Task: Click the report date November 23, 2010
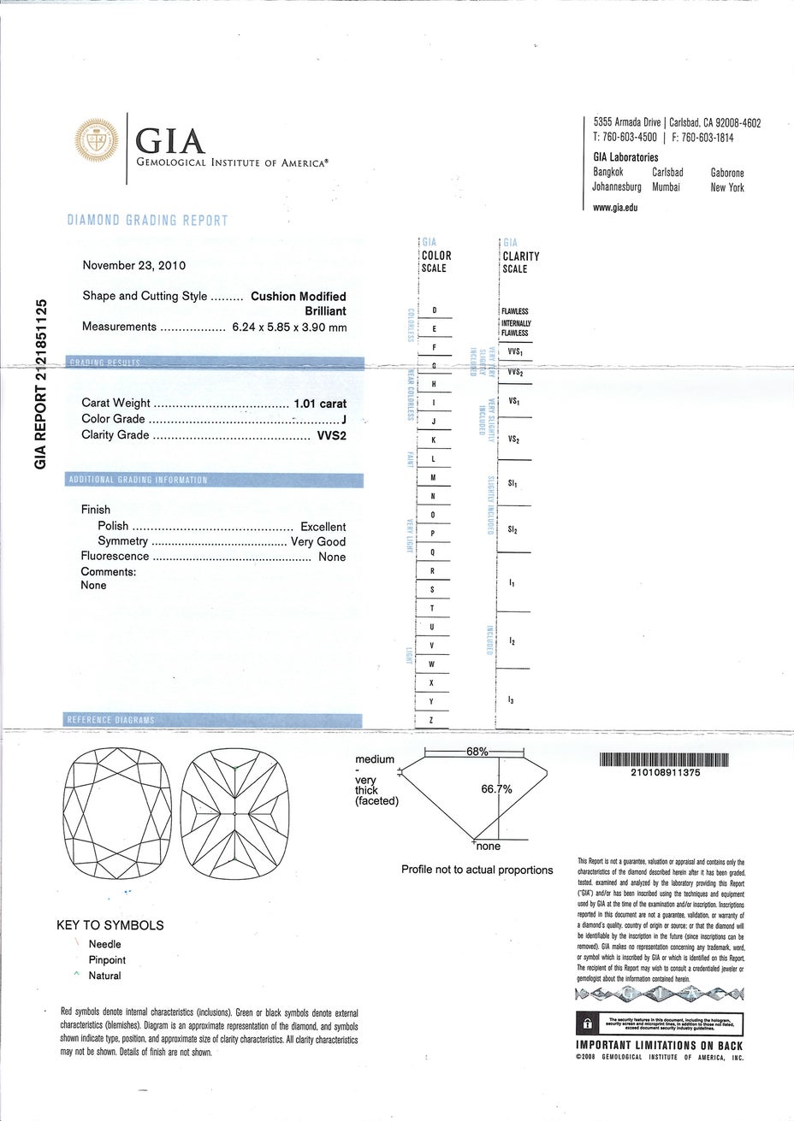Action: (x=133, y=265)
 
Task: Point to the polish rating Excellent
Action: (x=323, y=527)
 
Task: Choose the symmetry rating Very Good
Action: (x=318, y=541)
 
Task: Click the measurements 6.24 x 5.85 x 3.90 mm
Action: (x=289, y=327)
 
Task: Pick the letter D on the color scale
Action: (x=434, y=310)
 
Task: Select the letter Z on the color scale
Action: (x=431, y=720)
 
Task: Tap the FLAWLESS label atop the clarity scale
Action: (x=514, y=311)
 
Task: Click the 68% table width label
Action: (x=477, y=752)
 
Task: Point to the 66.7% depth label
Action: (x=497, y=789)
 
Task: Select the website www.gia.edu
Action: (x=615, y=207)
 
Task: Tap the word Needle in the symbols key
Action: (x=104, y=944)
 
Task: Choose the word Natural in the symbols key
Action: (x=104, y=976)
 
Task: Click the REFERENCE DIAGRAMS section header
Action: (x=111, y=720)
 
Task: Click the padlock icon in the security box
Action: (x=588, y=1024)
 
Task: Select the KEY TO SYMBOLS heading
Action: (x=110, y=925)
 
